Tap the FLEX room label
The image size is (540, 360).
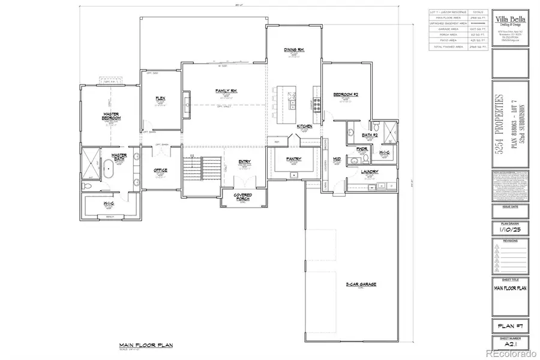tap(160, 98)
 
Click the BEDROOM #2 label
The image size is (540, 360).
tap(346, 94)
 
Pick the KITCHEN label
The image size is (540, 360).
tap(304, 127)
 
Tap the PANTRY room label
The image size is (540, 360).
tap(293, 159)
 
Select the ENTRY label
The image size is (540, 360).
tap(244, 162)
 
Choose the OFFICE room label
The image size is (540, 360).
tap(160, 170)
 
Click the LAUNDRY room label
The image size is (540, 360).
tap(368, 172)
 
